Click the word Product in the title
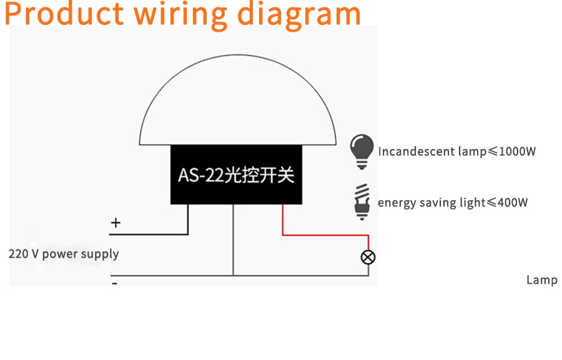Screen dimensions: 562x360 coord(64,14)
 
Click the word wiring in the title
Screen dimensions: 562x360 coord(180,16)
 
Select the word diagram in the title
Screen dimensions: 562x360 coord(298,16)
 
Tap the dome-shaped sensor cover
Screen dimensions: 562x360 coord(237,100)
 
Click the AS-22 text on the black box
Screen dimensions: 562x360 coord(200,175)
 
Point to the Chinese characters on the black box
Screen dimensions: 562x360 coord(259,175)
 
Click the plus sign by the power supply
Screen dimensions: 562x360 coord(116,223)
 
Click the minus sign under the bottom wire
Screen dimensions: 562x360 coord(115,284)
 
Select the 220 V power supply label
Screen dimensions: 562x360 coord(64,254)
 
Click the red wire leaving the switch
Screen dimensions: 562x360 coord(325,235)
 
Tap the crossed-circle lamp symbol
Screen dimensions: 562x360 coord(368,257)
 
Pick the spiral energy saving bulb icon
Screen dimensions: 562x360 coord(362,202)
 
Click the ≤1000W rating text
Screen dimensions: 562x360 coord(512,152)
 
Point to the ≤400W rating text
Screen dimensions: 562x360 coord(508,203)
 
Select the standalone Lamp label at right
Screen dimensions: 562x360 coord(542,280)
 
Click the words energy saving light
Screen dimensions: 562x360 coord(432,203)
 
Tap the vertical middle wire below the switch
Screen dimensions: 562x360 coord(233,240)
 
